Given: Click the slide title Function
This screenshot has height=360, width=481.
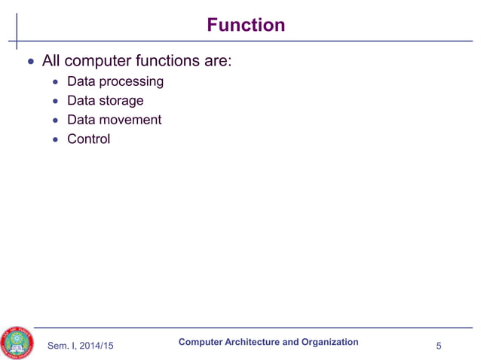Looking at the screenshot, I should (247, 25).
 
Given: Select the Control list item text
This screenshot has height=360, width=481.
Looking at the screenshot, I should (88, 139).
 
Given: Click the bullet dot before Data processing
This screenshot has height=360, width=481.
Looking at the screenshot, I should (55, 82).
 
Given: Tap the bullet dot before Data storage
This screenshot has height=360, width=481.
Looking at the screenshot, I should (55, 101).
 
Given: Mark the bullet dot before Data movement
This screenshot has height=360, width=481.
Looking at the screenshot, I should (55, 121).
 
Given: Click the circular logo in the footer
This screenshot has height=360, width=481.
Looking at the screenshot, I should (17, 343).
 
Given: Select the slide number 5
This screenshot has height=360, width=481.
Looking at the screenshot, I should (439, 346).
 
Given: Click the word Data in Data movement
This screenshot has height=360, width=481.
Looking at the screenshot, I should (81, 120).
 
